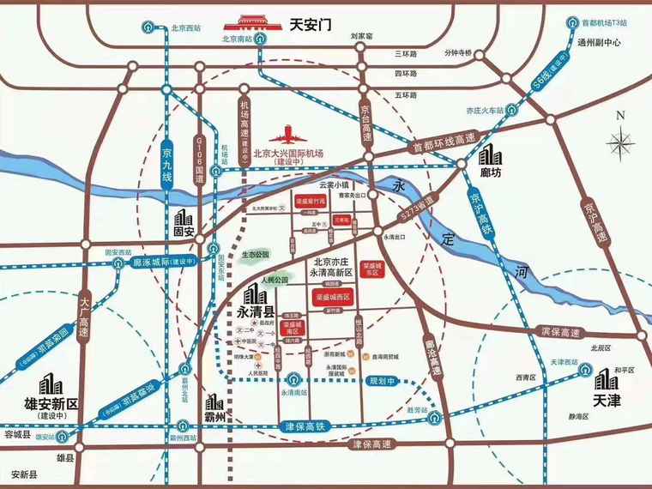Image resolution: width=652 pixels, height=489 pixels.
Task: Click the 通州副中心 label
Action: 610,40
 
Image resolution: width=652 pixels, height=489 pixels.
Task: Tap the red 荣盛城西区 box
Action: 332,297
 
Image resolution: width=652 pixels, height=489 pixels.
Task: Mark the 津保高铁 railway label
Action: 305,426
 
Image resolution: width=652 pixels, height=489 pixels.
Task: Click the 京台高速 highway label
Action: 366,122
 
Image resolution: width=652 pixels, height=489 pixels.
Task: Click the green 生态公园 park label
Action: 255,255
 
